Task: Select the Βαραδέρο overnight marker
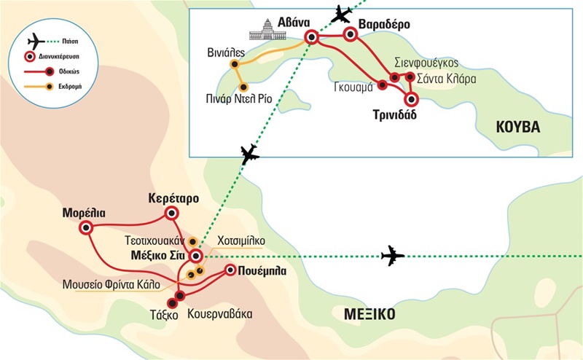(x=349, y=34)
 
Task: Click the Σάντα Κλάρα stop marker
(x=410, y=77)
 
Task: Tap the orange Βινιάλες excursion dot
(x=235, y=65)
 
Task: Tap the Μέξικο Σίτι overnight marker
(x=195, y=256)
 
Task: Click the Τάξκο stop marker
(x=173, y=303)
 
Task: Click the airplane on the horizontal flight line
(x=392, y=256)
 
